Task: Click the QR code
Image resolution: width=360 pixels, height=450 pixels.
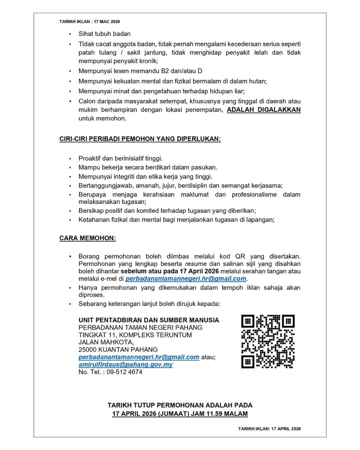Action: pos(267,341)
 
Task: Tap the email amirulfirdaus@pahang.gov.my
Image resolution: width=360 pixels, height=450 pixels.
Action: pos(126,364)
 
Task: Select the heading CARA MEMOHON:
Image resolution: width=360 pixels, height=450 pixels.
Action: pos(87,238)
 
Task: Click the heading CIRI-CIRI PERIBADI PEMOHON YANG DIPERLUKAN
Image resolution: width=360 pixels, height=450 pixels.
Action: pos(140,139)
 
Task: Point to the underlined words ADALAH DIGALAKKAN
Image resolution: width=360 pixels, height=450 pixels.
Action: pos(264,110)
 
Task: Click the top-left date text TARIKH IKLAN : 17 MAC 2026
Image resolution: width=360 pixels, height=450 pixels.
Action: pos(90,22)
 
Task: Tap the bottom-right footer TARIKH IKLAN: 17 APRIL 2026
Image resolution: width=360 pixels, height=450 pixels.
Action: pos(269,429)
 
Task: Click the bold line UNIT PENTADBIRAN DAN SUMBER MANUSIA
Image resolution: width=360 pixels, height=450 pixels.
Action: pos(149,320)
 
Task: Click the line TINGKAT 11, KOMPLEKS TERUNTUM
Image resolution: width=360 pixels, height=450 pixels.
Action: pos(135,335)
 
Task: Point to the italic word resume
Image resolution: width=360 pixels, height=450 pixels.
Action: pos(199,264)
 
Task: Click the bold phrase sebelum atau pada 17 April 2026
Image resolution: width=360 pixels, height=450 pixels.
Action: pos(169,271)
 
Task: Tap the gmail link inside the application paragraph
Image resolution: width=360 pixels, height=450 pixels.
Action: pos(186,279)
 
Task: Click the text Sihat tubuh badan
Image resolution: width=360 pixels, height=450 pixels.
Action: pos(105,34)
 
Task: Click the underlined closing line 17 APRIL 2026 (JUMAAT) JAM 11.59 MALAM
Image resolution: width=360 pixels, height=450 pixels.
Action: pos(180,414)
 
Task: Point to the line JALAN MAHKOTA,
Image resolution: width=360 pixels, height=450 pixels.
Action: pos(106,342)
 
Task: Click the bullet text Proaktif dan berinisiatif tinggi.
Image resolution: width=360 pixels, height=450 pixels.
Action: pos(120,159)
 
